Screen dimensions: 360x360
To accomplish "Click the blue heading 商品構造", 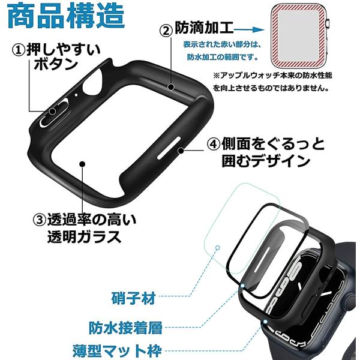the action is click(x=66, y=16).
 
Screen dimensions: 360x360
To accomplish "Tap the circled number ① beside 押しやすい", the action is click(x=19, y=50).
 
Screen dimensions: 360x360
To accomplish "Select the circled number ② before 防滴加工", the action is click(x=166, y=31).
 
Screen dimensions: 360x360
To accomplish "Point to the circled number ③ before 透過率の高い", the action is click(x=40, y=220).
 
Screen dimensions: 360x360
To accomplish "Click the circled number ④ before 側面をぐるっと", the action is click(x=214, y=144).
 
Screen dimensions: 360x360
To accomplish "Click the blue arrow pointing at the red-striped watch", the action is click(x=248, y=29).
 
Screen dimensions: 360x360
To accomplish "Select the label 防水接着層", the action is click(x=125, y=328).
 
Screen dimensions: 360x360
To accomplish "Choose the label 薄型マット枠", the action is click(x=117, y=350).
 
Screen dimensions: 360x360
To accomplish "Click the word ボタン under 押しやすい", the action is click(x=56, y=64).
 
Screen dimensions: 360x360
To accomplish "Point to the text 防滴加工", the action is click(x=204, y=28).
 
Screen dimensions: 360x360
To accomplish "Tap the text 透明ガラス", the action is click(x=84, y=237).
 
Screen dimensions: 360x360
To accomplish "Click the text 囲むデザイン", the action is click(x=266, y=160).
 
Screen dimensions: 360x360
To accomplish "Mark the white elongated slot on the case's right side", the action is click(x=169, y=148).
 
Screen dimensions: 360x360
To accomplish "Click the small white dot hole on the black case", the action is click(x=76, y=95).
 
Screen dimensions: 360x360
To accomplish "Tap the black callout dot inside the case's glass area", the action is click(x=82, y=164).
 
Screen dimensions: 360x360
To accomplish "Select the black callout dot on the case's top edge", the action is click(x=171, y=87).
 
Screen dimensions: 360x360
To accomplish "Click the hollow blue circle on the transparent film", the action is click(x=218, y=248).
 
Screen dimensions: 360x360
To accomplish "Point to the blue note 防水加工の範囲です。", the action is click(x=223, y=57).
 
